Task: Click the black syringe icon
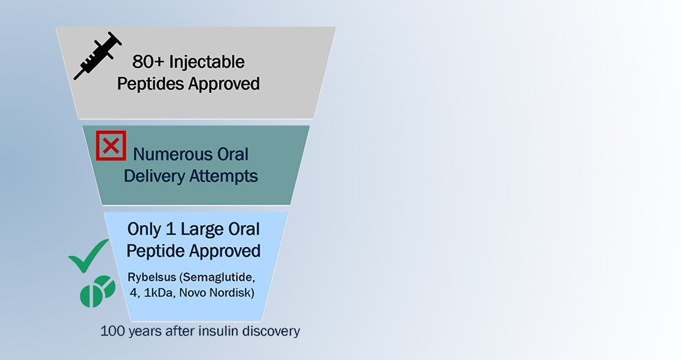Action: pos(98,56)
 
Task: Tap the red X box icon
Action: pos(111,146)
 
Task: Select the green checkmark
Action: pos(89,255)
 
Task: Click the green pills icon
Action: pos(97,291)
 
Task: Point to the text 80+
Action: pos(148,62)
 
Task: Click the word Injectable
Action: pos(207,63)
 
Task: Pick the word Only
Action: pos(144,230)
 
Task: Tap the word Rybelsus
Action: pos(152,277)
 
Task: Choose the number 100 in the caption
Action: pos(113,331)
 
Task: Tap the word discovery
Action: pos(270,331)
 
